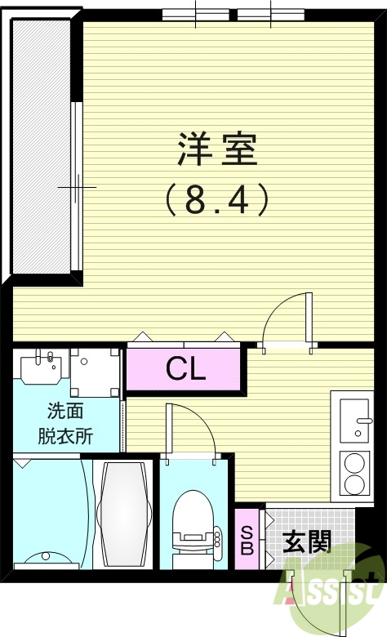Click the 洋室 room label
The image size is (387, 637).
pyautogui.click(x=217, y=149)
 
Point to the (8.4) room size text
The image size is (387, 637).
pyautogui.click(x=217, y=198)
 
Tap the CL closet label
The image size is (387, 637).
pyautogui.click(x=186, y=370)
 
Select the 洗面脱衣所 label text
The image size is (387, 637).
pyautogui.click(x=65, y=424)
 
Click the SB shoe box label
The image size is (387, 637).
pyautogui.click(x=246, y=541)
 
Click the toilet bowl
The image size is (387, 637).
pyautogui.click(x=193, y=523)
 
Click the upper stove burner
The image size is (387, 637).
pyautogui.click(x=356, y=463)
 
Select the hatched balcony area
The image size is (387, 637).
pyautogui.click(x=40, y=147)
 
